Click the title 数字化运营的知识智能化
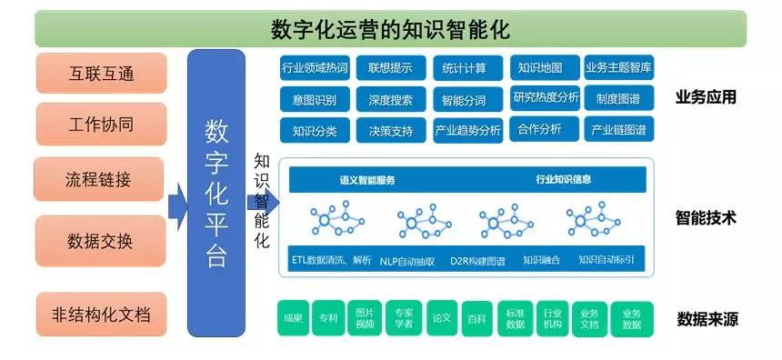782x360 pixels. pyautogui.click(x=390, y=28)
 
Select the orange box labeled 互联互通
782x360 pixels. pyautogui.click(x=101, y=73)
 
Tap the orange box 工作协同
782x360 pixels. pyautogui.click(x=101, y=124)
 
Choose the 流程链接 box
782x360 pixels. pyautogui.click(x=99, y=179)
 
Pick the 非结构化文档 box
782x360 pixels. pyautogui.click(x=101, y=316)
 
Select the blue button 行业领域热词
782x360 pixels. pyautogui.click(x=314, y=68)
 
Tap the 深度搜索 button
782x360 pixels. pyautogui.click(x=391, y=99)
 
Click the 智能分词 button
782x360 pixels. pyautogui.click(x=464, y=99)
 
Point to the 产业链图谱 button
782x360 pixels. pyautogui.click(x=618, y=130)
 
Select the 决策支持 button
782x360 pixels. pyautogui.click(x=391, y=130)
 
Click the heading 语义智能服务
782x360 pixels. pyautogui.click(x=367, y=180)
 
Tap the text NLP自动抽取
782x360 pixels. pyautogui.click(x=406, y=260)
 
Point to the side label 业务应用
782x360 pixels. pyautogui.click(x=706, y=97)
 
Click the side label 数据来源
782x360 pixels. pyautogui.click(x=707, y=319)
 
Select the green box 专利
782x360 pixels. pyautogui.click(x=327, y=318)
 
